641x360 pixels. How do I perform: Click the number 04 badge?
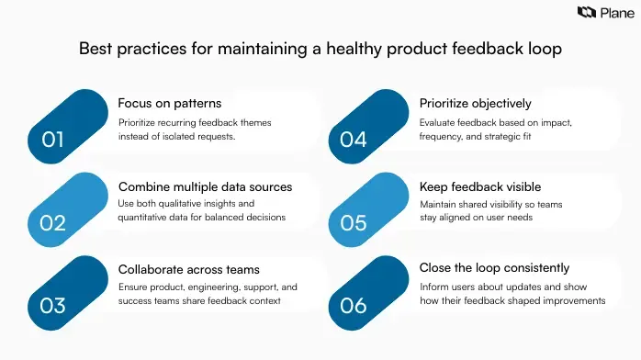point(354,140)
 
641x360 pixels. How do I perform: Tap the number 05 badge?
point(354,222)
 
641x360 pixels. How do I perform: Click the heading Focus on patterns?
point(170,103)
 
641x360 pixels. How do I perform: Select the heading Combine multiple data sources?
point(205,186)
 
